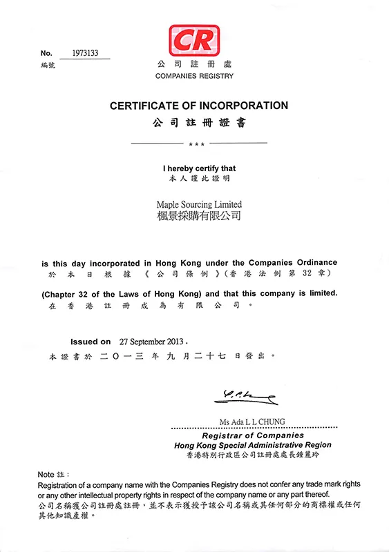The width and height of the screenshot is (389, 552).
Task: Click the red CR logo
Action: pos(194,41)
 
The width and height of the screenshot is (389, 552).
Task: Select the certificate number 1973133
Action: pos(84,52)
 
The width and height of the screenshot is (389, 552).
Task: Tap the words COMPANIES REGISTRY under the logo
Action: pos(194,76)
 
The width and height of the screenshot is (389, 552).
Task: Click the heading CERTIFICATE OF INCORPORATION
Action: pos(199,106)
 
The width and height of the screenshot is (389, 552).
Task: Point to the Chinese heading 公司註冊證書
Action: pos(199,124)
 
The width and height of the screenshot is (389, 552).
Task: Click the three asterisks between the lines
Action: pos(199,144)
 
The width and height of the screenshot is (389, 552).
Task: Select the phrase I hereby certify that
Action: pos(199,168)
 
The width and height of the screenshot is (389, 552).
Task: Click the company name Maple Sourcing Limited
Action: pos(199,205)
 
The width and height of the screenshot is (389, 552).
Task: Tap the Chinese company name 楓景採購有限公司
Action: pos(199,217)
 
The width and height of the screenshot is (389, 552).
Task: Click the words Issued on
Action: pos(91,342)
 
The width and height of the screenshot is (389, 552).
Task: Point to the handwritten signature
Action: pos(245,396)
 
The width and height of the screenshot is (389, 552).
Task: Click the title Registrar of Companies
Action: pos(252,435)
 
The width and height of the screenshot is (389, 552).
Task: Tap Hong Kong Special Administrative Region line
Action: pos(252,446)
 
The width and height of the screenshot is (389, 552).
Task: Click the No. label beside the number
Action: pos(46,53)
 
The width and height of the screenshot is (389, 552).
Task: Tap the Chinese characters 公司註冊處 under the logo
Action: pos(194,64)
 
